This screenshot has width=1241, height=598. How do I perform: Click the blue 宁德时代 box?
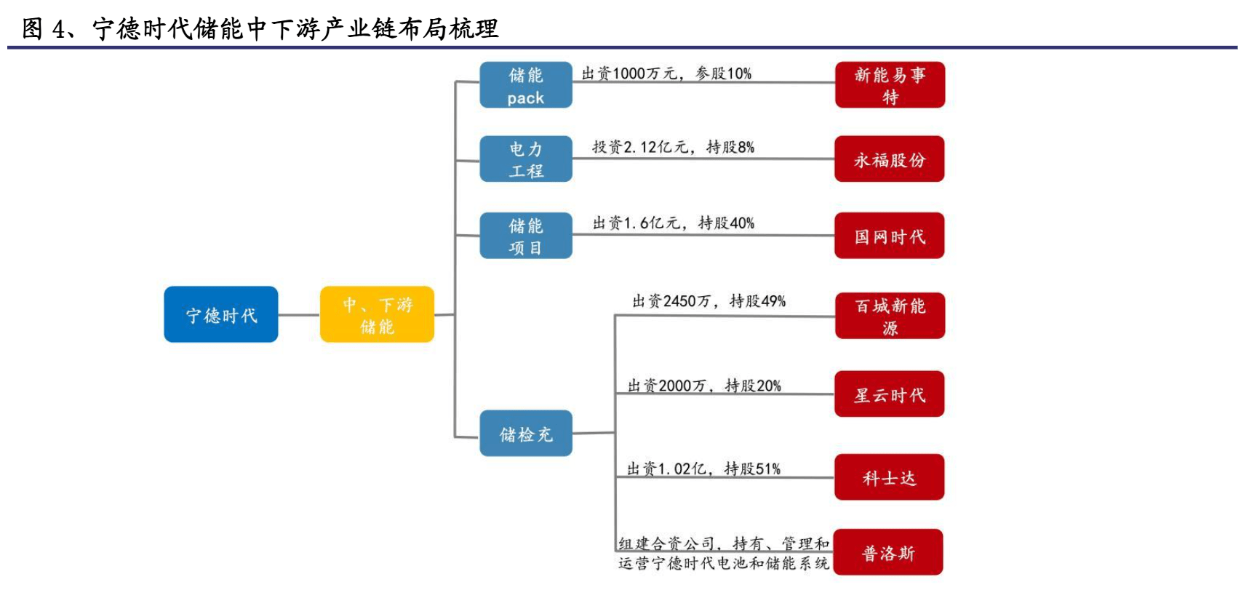pos(220,314)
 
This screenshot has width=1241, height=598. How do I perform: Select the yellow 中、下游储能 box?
pos(377,314)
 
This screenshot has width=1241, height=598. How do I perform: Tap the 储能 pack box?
pos(525,85)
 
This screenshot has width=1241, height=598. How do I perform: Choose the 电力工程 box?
pos(525,159)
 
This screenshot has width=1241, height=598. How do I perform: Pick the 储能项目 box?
pos(525,236)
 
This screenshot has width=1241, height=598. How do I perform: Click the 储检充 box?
pos(525,434)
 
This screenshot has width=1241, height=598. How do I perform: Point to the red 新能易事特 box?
pos(889,85)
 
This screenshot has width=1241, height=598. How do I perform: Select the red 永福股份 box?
pos(889,159)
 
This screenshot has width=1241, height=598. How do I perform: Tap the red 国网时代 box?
pos(889,236)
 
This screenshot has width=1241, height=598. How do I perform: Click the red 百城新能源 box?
pos(889,316)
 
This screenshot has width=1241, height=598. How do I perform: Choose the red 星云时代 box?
pos(889,394)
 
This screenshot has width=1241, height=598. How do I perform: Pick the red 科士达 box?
pos(889,477)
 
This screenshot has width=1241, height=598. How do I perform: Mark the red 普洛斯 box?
pos(887,553)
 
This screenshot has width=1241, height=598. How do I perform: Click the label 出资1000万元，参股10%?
pos(666,73)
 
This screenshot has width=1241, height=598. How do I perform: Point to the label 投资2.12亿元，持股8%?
pos(673,147)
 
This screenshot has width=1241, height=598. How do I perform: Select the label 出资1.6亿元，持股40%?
pos(673,223)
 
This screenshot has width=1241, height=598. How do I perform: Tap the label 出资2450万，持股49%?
pos(709,301)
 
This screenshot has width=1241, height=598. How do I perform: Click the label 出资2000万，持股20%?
pos(704,386)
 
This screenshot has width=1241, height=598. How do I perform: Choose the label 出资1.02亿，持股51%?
pos(703,469)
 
